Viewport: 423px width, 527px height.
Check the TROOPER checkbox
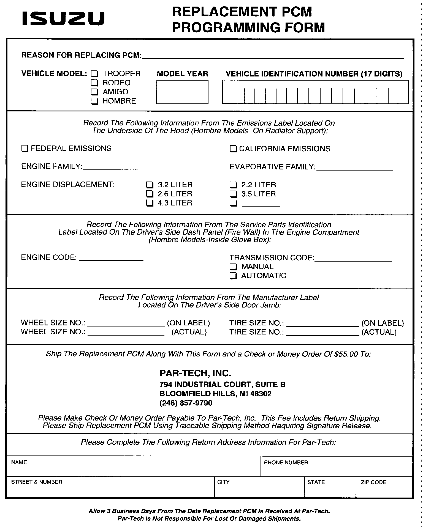pyautogui.click(x=94, y=74)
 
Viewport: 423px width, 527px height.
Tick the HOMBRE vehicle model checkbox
pyautogui.click(x=94, y=101)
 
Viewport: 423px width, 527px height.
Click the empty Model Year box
pyautogui.click(x=182, y=92)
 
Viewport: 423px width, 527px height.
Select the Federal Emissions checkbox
pyautogui.click(x=25, y=149)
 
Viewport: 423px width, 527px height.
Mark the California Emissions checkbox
pyautogui.click(x=233, y=149)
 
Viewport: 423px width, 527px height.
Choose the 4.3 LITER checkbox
pyautogui.click(x=149, y=203)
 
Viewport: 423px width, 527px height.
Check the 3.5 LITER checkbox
pyautogui.click(x=233, y=194)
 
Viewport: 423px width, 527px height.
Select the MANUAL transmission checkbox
pyautogui.click(x=233, y=267)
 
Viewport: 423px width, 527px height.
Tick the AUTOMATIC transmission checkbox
pyautogui.click(x=233, y=276)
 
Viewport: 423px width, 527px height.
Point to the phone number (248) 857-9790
pyautogui.click(x=186, y=403)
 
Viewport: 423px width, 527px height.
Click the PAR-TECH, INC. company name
pyautogui.click(x=195, y=373)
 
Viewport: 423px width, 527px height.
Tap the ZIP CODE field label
pyautogui.click(x=373, y=482)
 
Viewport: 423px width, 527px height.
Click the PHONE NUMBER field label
pyautogui.click(x=286, y=463)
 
